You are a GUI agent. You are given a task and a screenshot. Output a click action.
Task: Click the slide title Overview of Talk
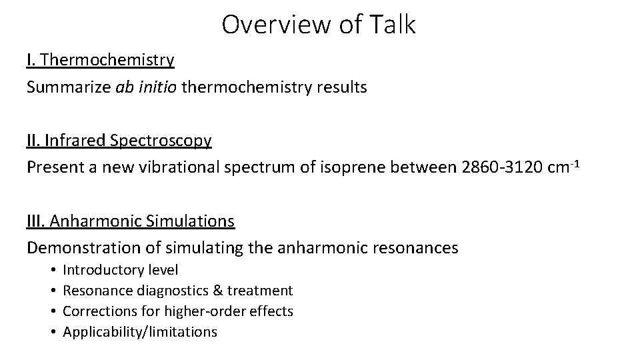319,25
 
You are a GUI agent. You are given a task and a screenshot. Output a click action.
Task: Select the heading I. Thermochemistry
101,60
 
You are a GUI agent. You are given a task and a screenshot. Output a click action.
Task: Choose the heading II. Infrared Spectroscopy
119,141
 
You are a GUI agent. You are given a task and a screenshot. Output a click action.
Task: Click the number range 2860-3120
507,167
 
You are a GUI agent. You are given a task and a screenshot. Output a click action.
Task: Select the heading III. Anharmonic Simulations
131,221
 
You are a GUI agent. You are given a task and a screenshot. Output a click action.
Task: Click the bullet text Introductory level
121,270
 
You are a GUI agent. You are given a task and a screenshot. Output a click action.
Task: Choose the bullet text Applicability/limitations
140,331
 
